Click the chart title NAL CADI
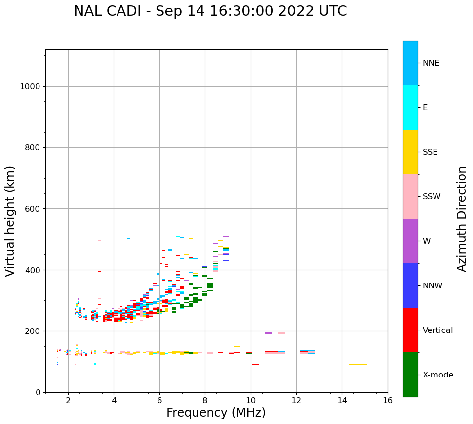[x=210, y=11]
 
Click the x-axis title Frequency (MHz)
[x=216, y=413]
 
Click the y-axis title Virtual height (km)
[x=10, y=221]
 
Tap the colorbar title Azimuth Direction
[x=462, y=219]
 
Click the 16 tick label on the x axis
[x=388, y=400]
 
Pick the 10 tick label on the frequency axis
[x=251, y=400]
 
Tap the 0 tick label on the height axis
[x=38, y=392]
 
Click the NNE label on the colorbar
[x=431, y=63]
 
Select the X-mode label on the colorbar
[x=438, y=375]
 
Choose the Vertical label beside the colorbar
[x=437, y=330]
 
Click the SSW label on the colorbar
[x=432, y=197]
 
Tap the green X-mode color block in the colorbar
[x=410, y=375]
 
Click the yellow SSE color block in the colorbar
[x=410, y=152]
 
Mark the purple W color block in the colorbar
[x=410, y=241]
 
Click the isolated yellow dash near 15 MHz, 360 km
[x=371, y=283]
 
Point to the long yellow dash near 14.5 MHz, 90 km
[x=358, y=365]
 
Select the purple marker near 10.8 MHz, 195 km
[x=268, y=333]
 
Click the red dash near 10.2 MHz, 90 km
[x=255, y=365]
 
